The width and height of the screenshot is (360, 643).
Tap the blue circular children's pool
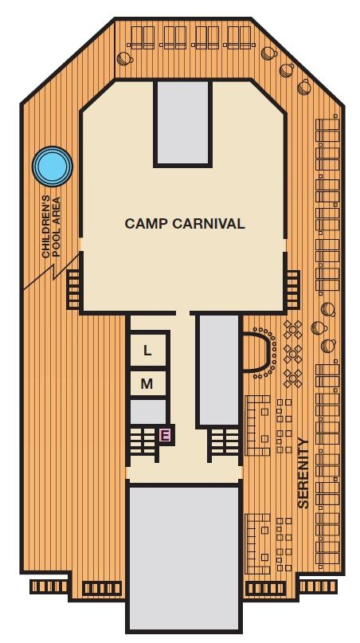(x=52, y=167)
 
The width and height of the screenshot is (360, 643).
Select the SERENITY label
(x=303, y=472)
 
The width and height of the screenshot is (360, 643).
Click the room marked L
(x=147, y=351)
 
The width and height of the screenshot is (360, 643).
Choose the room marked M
(x=147, y=384)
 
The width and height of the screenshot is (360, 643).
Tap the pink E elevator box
(x=165, y=435)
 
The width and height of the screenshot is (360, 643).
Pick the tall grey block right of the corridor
(x=217, y=369)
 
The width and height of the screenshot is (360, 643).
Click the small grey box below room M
(x=147, y=412)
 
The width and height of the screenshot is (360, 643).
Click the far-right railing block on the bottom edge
(x=318, y=587)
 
